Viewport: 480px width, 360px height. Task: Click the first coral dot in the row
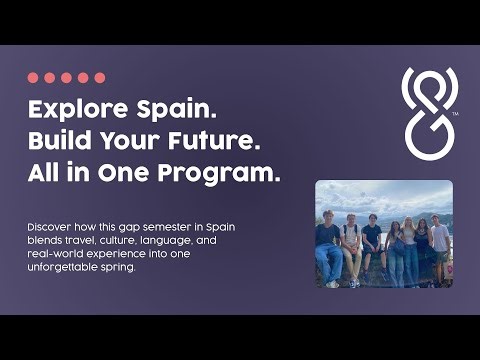click(33, 77)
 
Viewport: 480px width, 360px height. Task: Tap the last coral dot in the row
click(99, 77)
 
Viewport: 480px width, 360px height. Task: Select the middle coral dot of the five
click(66, 77)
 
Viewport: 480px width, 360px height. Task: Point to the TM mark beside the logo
click(455, 115)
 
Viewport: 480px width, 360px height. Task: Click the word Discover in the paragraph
click(49, 228)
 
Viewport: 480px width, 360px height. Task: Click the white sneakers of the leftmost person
click(332, 283)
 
